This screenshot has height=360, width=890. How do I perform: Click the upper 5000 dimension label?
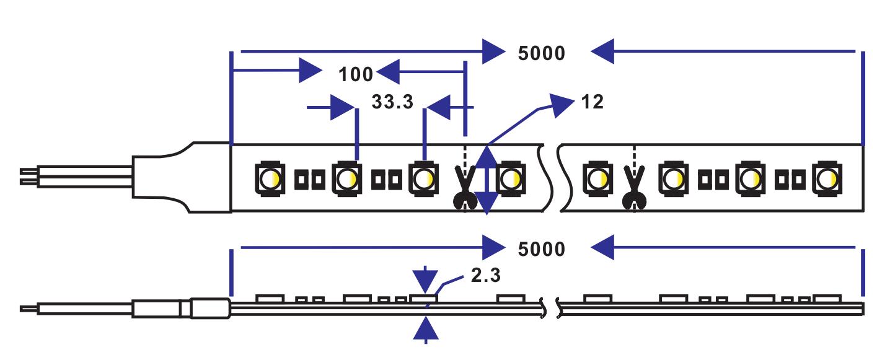542,53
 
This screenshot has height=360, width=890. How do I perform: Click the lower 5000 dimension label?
542,249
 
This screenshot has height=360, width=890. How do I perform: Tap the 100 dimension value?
356,74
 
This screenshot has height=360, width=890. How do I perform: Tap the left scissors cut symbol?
464,188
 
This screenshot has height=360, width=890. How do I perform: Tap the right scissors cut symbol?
633,188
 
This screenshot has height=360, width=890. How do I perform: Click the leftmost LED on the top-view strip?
270,178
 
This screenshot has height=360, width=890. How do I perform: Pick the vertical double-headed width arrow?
487,179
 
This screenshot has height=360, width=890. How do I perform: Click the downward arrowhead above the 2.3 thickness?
425,280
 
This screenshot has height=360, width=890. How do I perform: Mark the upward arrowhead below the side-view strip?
425,328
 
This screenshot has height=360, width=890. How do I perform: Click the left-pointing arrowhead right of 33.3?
441,107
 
